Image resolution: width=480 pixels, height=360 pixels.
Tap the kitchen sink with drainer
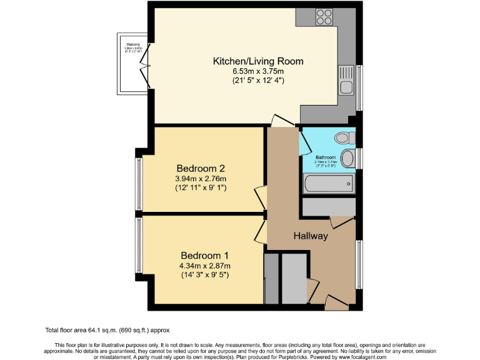pos(347,81)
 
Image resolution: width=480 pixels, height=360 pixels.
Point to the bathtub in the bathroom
pos(328,184)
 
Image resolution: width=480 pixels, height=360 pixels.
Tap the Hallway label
pos(311,236)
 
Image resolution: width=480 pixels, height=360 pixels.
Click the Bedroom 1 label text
pos(204,255)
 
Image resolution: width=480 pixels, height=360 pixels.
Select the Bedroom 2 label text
pos(200,168)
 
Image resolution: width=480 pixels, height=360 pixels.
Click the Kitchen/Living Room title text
pos(258,61)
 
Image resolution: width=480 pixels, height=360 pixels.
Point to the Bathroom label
pos(326,157)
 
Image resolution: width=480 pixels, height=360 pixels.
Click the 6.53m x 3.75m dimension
pos(258,71)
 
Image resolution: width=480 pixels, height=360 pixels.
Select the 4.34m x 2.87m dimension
pos(204,265)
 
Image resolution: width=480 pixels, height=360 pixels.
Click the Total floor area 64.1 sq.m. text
pos(107,329)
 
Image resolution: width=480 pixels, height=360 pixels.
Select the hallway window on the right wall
pos(359,265)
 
